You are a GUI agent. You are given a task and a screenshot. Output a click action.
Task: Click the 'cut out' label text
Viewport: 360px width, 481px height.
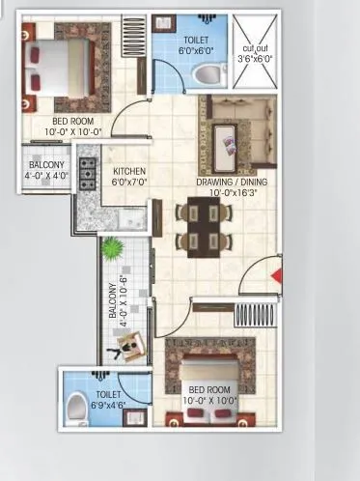coord(256,47)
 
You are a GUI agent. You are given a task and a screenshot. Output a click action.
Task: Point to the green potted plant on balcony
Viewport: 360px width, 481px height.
coord(114,249)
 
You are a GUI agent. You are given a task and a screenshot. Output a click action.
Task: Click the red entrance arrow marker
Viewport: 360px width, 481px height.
coord(277,277)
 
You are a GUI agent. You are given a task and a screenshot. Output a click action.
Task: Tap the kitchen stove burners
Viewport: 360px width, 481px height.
coord(86,174)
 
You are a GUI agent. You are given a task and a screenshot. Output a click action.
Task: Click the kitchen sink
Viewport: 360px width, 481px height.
coord(133,220)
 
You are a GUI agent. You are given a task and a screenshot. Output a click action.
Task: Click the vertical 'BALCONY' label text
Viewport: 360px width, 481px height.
coord(113,302)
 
